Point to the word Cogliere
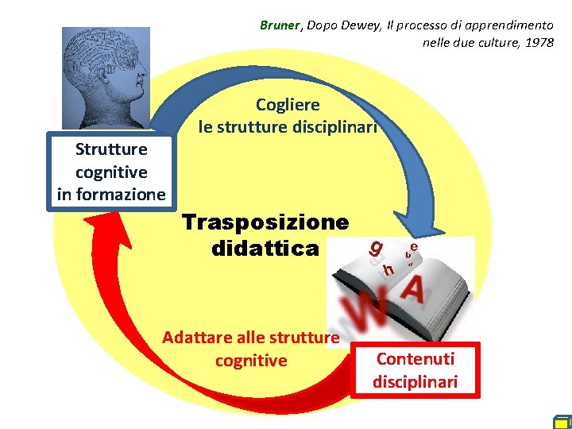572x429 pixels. [288, 104]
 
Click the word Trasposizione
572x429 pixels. [265, 222]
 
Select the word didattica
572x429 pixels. [265, 249]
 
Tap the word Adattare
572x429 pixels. [193, 338]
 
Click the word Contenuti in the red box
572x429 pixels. [415, 358]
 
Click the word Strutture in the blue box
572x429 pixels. [111, 149]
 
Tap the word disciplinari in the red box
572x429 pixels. [415, 381]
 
